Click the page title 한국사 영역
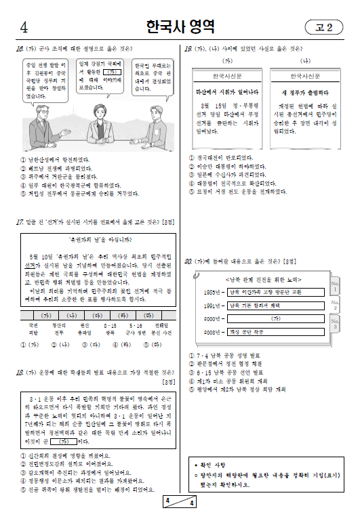tap(180, 27)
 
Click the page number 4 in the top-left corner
tap(24, 28)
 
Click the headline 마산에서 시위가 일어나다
tap(226, 91)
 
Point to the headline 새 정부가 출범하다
tap(304, 91)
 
